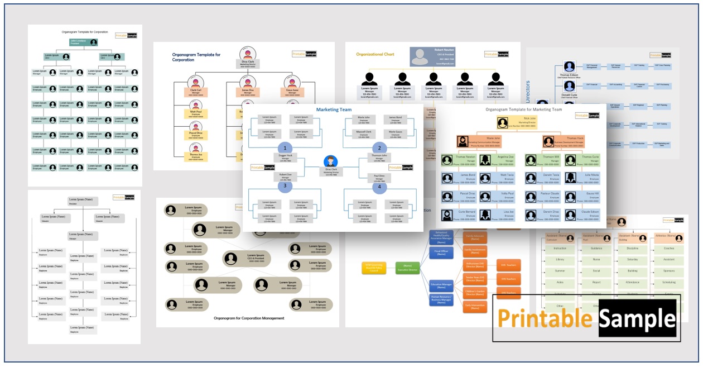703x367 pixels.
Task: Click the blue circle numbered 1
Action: tap(285, 148)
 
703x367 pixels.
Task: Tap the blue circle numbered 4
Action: tap(379, 187)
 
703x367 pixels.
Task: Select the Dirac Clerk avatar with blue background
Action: tap(332, 161)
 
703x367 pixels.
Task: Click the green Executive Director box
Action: tap(408, 269)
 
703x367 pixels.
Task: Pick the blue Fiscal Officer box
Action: tap(440, 253)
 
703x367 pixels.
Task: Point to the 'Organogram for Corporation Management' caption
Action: tap(249, 318)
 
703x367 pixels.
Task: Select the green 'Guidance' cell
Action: tap(596, 248)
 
